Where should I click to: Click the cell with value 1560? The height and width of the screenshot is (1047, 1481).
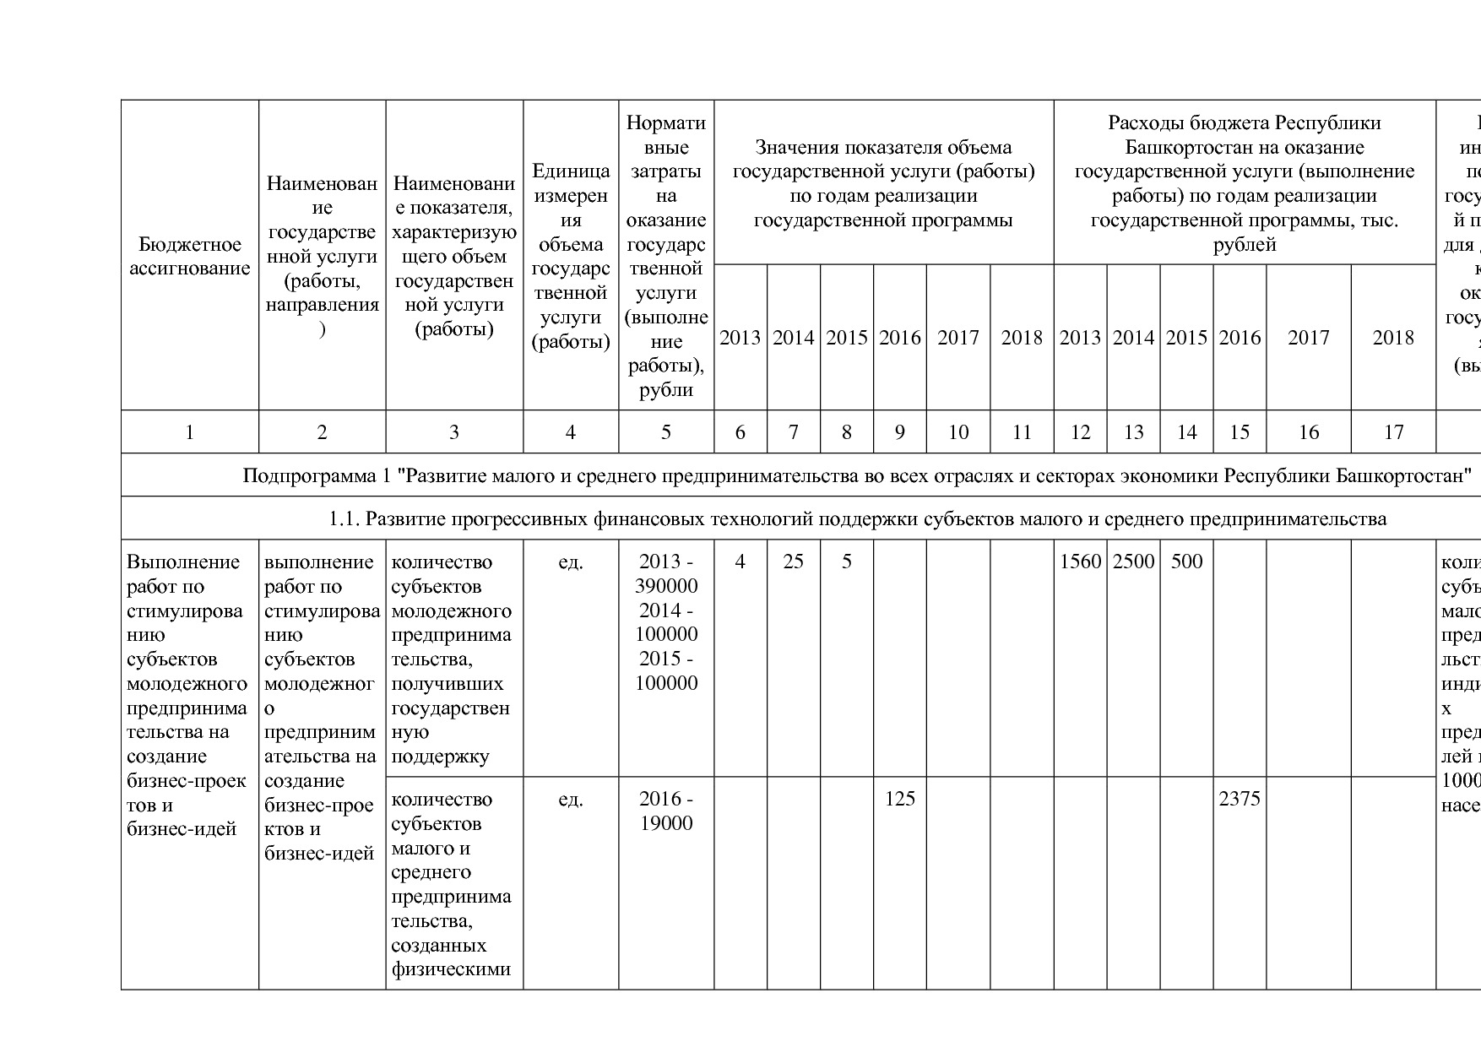[x=1080, y=562]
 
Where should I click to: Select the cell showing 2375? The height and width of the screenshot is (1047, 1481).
[x=1240, y=799]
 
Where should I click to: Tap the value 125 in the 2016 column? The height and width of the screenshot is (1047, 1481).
[x=899, y=799]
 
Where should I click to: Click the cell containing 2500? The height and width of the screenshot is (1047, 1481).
[x=1133, y=562]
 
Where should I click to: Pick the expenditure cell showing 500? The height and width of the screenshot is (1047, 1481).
[x=1186, y=562]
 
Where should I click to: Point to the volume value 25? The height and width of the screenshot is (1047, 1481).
[x=793, y=562]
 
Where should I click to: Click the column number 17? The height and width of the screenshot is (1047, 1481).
[x=1393, y=432]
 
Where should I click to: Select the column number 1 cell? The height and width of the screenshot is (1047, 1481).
[x=189, y=432]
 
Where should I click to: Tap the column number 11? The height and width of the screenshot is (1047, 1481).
[x=1022, y=432]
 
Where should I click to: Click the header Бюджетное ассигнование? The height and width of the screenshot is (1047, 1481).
[x=189, y=257]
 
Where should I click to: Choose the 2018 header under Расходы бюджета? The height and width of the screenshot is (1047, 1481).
[x=1393, y=338]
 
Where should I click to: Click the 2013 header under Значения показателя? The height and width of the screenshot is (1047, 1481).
[x=740, y=338]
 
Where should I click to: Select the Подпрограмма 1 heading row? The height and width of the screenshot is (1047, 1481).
[x=857, y=475]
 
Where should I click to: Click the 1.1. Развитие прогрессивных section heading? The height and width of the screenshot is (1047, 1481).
[x=857, y=518]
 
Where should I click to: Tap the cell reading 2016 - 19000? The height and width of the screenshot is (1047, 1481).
[x=666, y=811]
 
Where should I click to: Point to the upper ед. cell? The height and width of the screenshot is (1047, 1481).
[x=571, y=562]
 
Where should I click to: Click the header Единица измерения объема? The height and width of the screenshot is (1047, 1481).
[x=571, y=257]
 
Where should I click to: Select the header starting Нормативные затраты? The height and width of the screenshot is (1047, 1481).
[x=666, y=257]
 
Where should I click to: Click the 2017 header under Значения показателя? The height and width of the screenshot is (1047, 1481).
[x=957, y=338]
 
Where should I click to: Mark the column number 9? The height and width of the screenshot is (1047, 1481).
[x=899, y=432]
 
